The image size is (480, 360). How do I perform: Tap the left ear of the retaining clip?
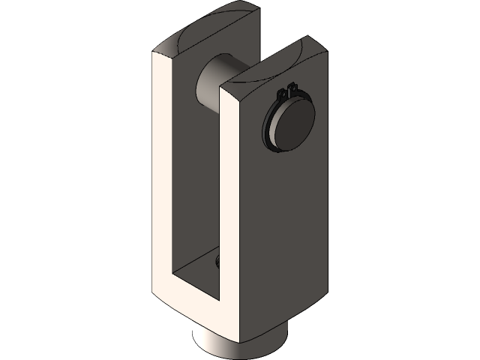281,93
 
